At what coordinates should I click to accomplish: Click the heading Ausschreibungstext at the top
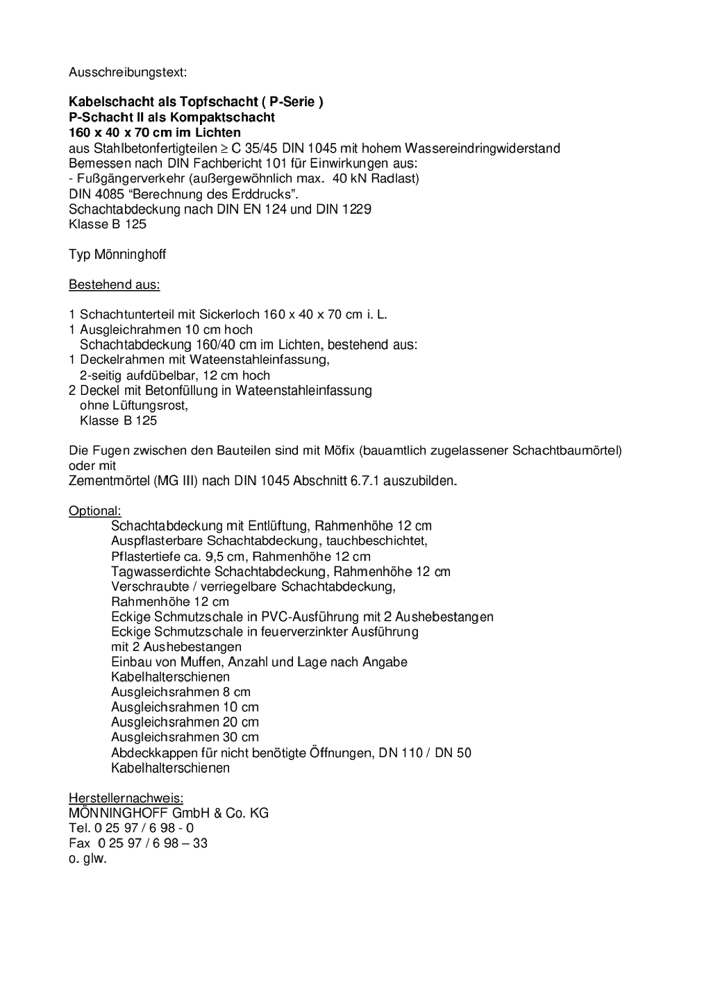coord(128,72)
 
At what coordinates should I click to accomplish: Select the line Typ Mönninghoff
coord(117,255)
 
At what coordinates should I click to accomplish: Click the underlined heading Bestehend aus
coord(115,285)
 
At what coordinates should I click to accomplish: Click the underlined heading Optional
coord(94,512)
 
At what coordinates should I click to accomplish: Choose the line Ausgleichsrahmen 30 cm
coord(185,737)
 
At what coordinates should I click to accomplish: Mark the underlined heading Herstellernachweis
coord(126,798)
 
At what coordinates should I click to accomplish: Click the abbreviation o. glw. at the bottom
coord(87,859)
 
